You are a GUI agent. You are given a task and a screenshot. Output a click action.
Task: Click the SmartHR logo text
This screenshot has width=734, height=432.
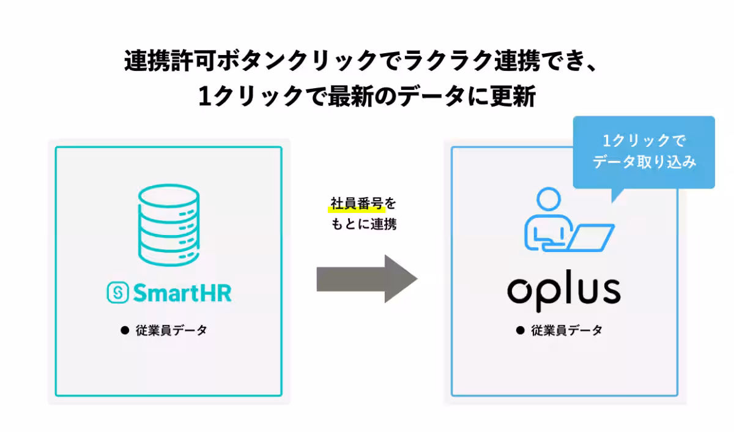click(180, 293)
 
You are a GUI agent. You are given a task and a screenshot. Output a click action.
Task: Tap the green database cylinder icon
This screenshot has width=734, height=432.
click(169, 224)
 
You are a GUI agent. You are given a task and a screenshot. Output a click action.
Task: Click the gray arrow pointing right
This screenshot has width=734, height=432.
click(366, 279)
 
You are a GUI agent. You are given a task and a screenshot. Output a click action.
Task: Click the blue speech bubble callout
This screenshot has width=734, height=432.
click(643, 152)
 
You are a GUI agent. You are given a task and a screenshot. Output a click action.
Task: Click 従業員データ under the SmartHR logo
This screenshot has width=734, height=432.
click(171, 330)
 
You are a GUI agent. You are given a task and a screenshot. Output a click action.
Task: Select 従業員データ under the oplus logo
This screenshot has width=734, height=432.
click(566, 330)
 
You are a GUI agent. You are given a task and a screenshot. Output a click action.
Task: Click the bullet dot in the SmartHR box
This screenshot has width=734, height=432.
click(125, 330)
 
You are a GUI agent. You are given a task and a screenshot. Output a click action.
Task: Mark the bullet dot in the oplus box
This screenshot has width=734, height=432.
click(521, 330)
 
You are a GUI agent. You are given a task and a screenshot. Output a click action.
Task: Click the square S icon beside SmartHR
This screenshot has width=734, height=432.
click(117, 293)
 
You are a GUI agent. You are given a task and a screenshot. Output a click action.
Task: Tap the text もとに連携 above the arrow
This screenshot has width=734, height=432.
click(363, 224)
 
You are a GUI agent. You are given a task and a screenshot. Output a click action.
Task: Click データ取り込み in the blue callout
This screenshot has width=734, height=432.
click(645, 163)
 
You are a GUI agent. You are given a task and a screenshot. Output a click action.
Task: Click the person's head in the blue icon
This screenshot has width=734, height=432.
click(548, 199)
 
